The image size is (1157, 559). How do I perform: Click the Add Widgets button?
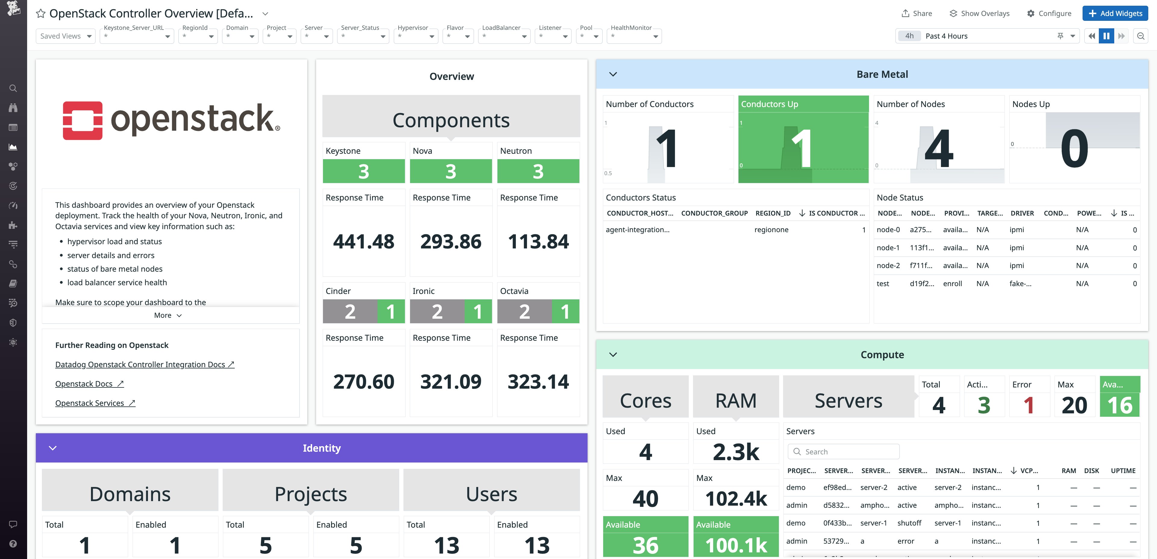pos(1115,14)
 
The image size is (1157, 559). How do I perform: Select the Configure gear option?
pos(1049,14)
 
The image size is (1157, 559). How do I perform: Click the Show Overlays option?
pos(979,14)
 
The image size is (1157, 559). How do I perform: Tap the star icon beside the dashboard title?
pos(40,14)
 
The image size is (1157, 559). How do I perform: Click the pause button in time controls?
pos(1106,36)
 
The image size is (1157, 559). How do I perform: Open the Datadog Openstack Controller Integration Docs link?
pos(144,365)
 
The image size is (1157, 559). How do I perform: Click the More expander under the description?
pos(168,315)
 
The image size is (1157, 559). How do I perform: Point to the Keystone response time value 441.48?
pos(363,242)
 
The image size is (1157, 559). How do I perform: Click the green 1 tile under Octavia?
pos(565,311)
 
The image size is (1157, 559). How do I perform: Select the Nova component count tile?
pos(450,171)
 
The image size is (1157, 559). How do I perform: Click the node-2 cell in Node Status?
pos(888,266)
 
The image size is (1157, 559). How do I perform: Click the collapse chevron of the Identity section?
pos(52,448)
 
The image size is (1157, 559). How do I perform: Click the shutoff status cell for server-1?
pos(909,523)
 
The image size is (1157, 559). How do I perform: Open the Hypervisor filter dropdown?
pos(416,36)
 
